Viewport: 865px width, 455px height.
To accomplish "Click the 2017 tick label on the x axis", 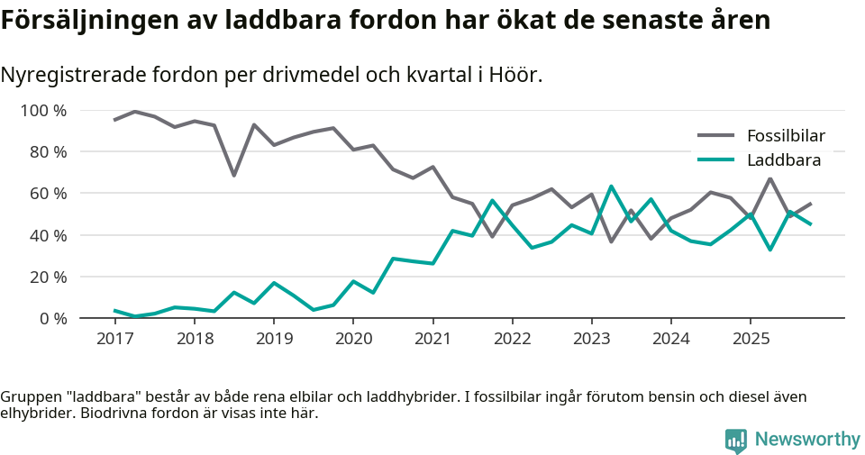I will pyautogui.click(x=114, y=339).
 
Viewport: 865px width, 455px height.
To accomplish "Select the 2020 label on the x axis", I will pyautogui.click(x=352, y=339).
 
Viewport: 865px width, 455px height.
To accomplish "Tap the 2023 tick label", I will pyautogui.click(x=591, y=339).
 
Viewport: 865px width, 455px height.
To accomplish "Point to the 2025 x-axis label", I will pyautogui.click(x=750, y=339).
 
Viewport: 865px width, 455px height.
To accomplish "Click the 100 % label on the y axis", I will pyautogui.click(x=44, y=111).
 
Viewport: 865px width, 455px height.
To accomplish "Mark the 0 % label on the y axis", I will pyautogui.click(x=52, y=318).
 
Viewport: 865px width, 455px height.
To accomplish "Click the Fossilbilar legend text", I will pyautogui.click(x=786, y=137).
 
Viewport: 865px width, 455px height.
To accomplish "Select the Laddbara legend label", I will pyautogui.click(x=784, y=161).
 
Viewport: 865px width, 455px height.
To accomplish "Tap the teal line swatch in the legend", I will pyautogui.click(x=716, y=161).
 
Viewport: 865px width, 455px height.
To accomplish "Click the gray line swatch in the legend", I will pyautogui.click(x=716, y=137).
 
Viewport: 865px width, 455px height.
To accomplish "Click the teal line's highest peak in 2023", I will pyautogui.click(x=611, y=187).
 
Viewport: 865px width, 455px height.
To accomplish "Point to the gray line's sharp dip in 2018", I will pyautogui.click(x=234, y=175).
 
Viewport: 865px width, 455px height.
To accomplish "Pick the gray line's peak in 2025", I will pyautogui.click(x=770, y=178).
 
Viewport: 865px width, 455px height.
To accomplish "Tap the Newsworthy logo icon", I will pyautogui.click(x=736, y=440).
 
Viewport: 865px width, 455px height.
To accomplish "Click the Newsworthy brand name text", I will pyautogui.click(x=807, y=440).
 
